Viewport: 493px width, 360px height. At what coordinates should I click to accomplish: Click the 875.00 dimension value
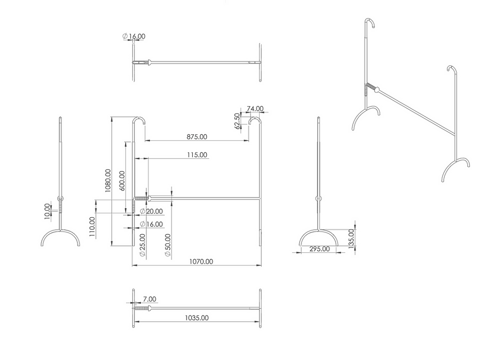point(197,137)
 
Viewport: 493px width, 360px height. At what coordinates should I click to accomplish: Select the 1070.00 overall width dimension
point(201,261)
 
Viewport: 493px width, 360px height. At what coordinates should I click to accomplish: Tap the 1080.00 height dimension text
point(108,181)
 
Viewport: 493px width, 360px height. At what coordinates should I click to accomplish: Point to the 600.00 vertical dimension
point(122,181)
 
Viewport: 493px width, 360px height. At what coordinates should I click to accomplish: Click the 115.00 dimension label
point(197,155)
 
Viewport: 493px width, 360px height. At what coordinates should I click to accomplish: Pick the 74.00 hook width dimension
point(255,109)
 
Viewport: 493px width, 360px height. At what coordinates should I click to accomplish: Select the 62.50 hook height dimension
point(237,121)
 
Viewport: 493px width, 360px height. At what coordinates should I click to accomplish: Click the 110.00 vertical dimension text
point(92,227)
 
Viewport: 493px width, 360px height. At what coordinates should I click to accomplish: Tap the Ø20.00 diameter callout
point(151,211)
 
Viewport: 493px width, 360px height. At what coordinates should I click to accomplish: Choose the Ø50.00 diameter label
point(168,245)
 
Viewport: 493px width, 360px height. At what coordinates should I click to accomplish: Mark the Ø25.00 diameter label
point(142,245)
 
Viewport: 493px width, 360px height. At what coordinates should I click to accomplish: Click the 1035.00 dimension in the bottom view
point(197,318)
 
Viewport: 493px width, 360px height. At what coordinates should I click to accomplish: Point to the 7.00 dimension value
point(149,299)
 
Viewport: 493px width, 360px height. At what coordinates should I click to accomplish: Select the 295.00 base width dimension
point(319,249)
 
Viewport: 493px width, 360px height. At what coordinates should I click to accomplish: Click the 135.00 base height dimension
point(351,238)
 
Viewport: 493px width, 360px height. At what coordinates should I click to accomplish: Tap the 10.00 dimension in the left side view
point(47,211)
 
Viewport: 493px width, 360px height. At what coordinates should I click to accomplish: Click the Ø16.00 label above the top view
point(134,36)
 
